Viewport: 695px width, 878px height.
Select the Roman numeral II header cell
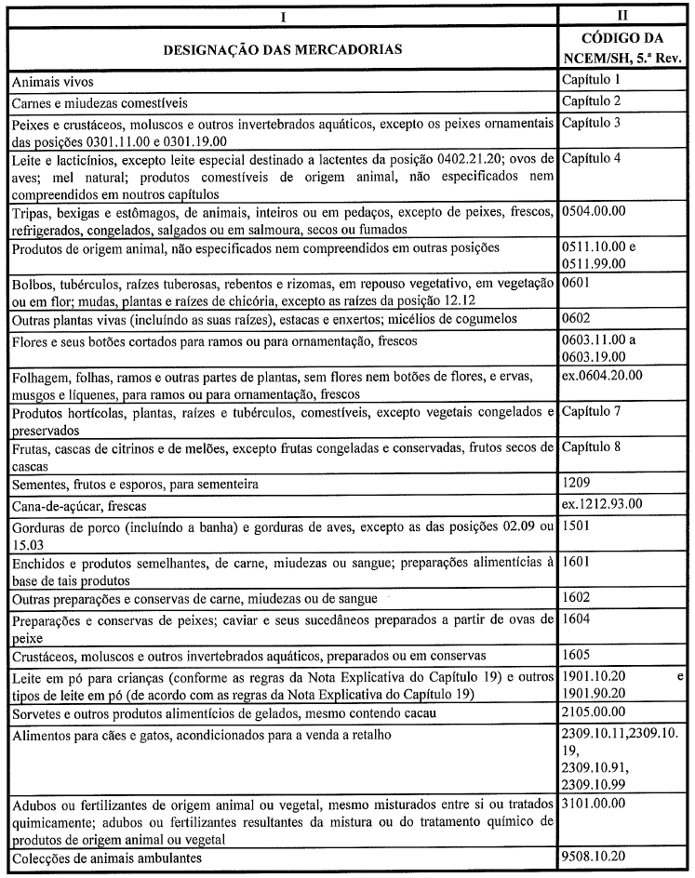coord(623,16)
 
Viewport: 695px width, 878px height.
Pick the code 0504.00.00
coord(594,211)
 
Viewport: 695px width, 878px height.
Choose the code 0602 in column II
coord(577,319)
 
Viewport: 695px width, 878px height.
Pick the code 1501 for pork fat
coord(577,525)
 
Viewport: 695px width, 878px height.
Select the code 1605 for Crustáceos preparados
coord(577,656)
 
